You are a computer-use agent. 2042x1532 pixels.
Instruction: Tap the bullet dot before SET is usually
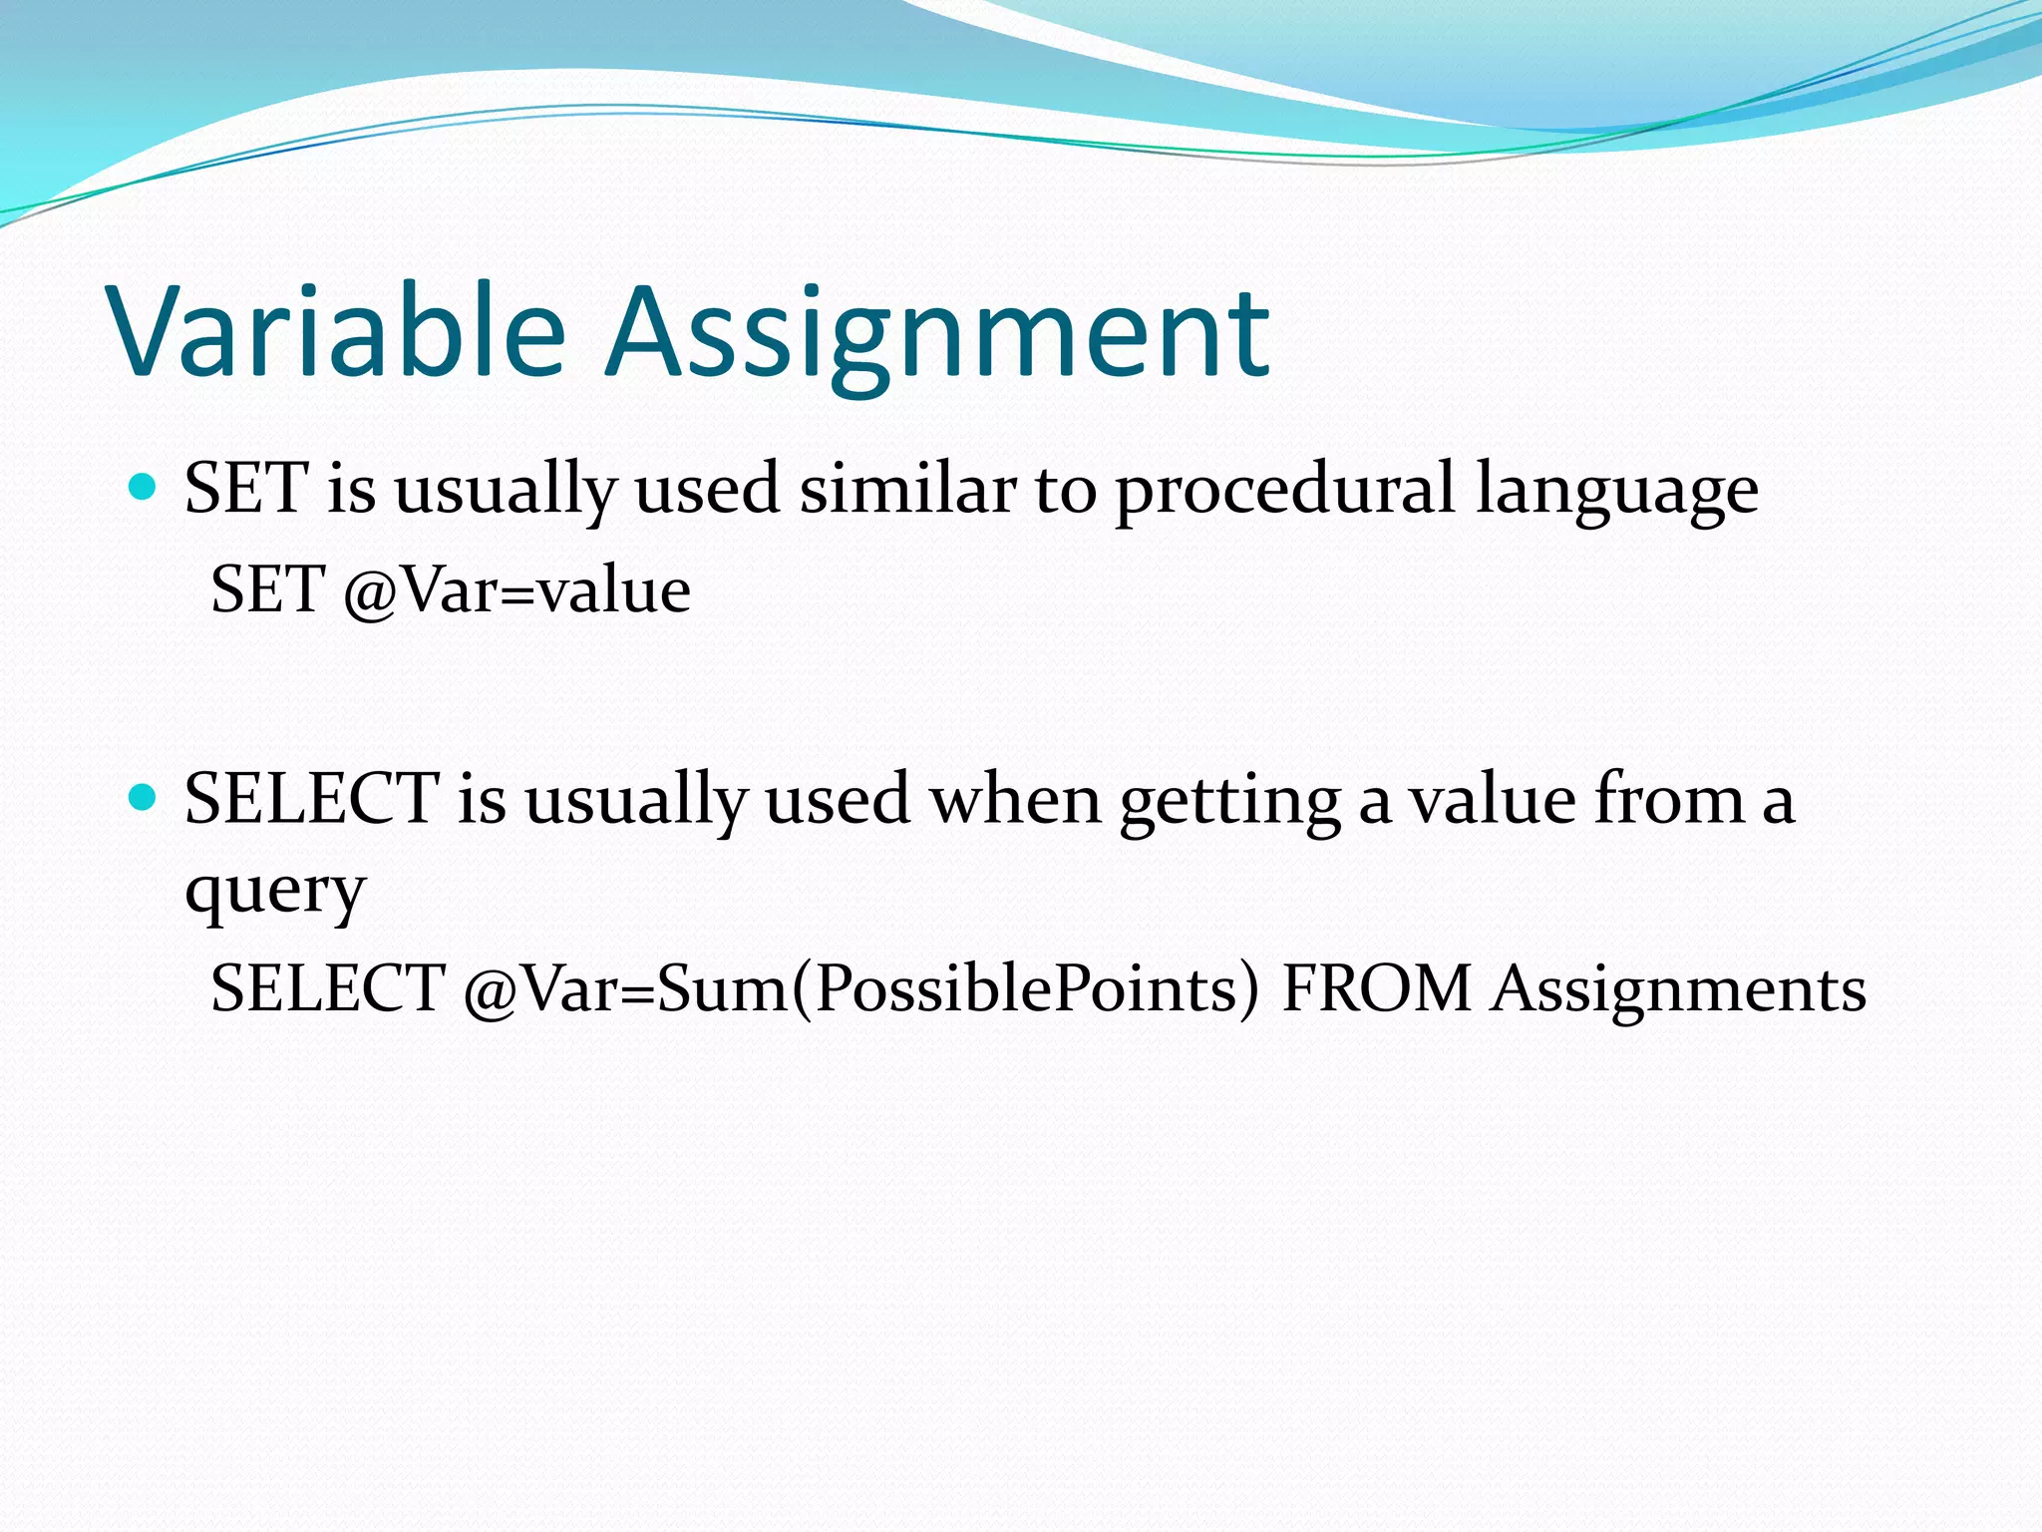click(144, 488)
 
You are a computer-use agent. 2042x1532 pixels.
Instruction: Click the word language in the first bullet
click(1616, 491)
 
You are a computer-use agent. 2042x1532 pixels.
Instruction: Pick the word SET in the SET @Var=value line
click(267, 590)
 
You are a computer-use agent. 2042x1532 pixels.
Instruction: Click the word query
click(275, 890)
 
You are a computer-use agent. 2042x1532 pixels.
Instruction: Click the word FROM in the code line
click(1377, 989)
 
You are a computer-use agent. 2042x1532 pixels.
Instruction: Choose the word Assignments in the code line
click(1678, 989)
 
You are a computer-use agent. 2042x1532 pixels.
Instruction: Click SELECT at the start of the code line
click(327, 989)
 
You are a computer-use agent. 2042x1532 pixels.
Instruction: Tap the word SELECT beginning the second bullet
click(311, 800)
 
